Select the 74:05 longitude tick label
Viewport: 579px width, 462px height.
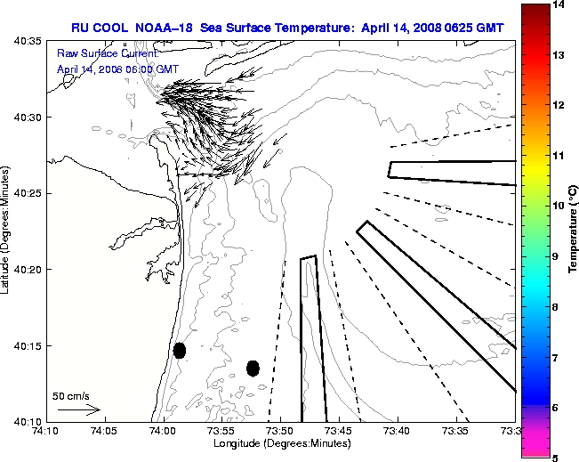click(x=103, y=431)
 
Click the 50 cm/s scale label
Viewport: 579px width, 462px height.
click(x=71, y=396)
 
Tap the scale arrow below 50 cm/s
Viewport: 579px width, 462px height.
click(x=78, y=409)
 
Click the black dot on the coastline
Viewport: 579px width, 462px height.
click(x=180, y=350)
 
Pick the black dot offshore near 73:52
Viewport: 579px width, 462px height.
click(x=253, y=368)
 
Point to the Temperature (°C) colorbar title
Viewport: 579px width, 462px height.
click(x=574, y=231)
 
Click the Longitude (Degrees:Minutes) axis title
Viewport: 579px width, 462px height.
click(x=282, y=442)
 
